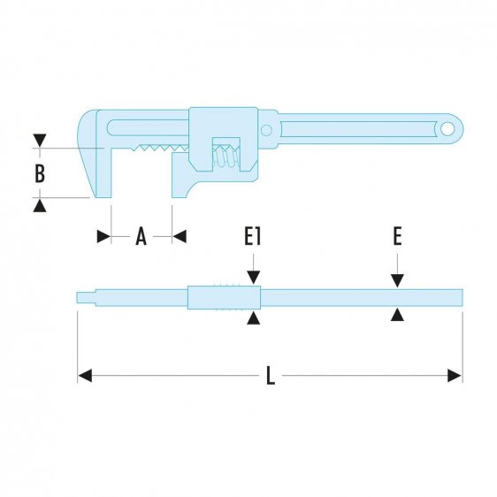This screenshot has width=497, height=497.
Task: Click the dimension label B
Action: (x=39, y=172)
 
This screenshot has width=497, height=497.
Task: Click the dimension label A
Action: (x=141, y=236)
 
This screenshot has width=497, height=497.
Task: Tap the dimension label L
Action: (x=271, y=376)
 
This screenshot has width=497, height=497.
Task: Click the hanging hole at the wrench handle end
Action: (x=448, y=129)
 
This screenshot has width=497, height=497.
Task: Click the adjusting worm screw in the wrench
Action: (x=226, y=157)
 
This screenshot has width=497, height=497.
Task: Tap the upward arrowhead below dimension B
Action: (x=39, y=204)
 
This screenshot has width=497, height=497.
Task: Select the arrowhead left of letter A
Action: (x=103, y=236)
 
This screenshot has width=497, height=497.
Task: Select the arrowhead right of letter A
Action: (x=179, y=236)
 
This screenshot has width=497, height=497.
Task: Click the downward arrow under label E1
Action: (x=254, y=278)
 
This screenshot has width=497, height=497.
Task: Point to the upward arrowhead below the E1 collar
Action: (x=254, y=317)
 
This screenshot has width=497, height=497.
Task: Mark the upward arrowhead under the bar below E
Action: (x=398, y=314)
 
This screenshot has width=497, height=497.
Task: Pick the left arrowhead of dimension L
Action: (x=85, y=376)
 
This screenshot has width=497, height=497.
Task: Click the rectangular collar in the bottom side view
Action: (x=224, y=296)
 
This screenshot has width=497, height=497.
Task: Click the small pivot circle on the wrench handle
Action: (x=264, y=129)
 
